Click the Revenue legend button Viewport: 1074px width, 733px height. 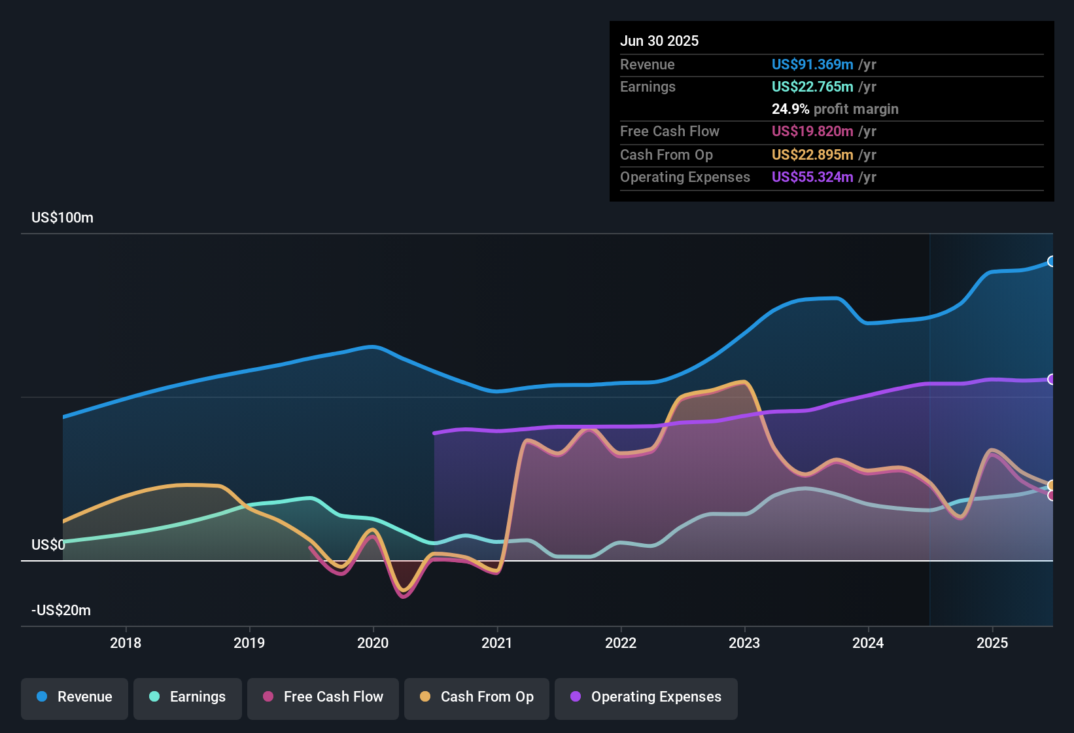pyautogui.click(x=75, y=697)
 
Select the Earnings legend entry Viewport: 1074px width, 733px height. pyautogui.click(x=188, y=697)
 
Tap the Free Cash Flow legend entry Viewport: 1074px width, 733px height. pyautogui.click(x=323, y=697)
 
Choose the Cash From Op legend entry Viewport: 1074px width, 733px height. pyautogui.click(x=477, y=697)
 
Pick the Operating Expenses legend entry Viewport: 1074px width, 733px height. pyautogui.click(x=646, y=697)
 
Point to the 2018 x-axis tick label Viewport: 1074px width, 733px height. pyautogui.click(x=126, y=643)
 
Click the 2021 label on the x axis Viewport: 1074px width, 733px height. pyautogui.click(x=497, y=643)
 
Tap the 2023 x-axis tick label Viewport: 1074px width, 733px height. pyautogui.click(x=744, y=643)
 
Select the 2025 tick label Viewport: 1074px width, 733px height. pyautogui.click(x=992, y=643)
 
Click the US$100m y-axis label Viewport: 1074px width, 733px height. pyautogui.click(x=63, y=218)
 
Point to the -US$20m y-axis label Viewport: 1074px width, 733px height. pyautogui.click(x=61, y=611)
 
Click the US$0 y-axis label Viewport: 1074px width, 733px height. pyautogui.click(x=48, y=545)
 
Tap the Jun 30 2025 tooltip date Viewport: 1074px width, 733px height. pyautogui.click(x=659, y=41)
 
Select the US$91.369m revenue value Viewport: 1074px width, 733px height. pyautogui.click(x=812, y=64)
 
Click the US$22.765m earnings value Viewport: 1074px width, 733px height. pyautogui.click(x=812, y=86)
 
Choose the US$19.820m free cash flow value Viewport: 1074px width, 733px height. pyautogui.click(x=812, y=131)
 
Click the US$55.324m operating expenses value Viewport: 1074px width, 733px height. pyautogui.click(x=812, y=177)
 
